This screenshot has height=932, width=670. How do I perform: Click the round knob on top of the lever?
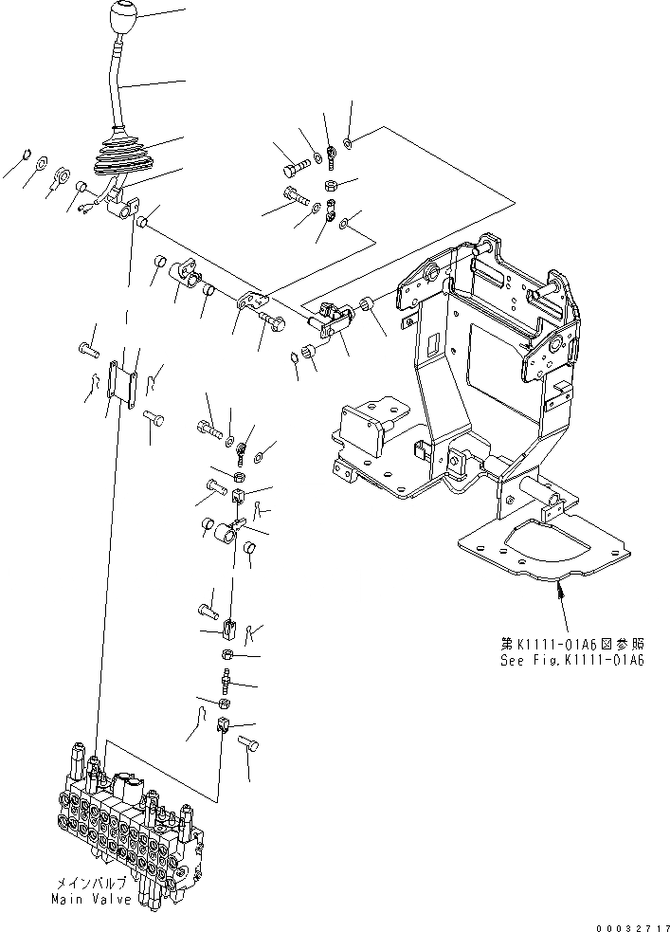[123, 18]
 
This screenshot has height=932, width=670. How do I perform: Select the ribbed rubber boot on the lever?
[119, 161]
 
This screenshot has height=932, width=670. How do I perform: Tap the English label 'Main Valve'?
[92, 899]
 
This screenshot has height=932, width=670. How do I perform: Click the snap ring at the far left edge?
[26, 155]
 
